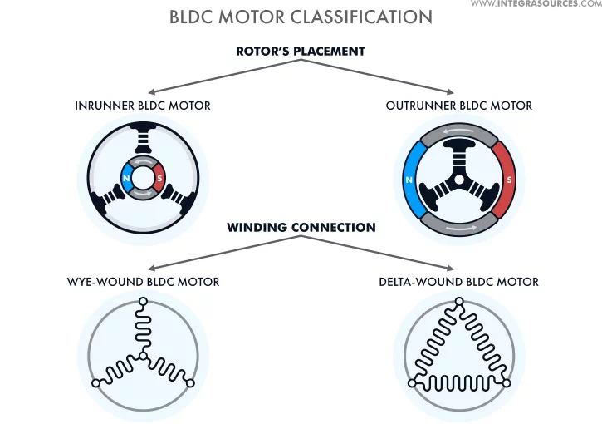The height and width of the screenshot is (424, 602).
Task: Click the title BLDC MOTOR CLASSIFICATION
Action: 301,17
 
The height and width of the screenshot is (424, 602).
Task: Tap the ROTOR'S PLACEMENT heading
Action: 301,51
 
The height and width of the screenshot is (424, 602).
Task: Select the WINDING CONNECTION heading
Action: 301,227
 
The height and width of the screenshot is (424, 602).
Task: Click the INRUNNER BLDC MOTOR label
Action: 143,106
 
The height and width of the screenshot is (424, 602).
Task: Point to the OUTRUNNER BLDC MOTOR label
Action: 459,106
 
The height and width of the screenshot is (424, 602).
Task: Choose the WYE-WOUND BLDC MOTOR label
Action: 143,282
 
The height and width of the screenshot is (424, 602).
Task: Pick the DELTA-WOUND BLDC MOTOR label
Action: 459,282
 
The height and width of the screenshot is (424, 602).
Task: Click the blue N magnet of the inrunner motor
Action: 126,178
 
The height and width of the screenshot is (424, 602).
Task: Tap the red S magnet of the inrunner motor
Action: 159,178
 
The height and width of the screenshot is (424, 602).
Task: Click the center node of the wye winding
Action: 143,356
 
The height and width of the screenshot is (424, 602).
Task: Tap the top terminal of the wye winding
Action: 143,302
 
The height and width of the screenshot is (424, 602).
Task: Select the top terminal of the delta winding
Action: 459,302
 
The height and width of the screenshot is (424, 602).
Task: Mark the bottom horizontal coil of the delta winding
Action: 459,383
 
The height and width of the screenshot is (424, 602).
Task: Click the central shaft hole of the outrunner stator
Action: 459,180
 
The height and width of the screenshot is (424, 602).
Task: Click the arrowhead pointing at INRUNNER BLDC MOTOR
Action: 151,91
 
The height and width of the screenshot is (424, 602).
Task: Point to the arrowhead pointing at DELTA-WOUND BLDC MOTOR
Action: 451,268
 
